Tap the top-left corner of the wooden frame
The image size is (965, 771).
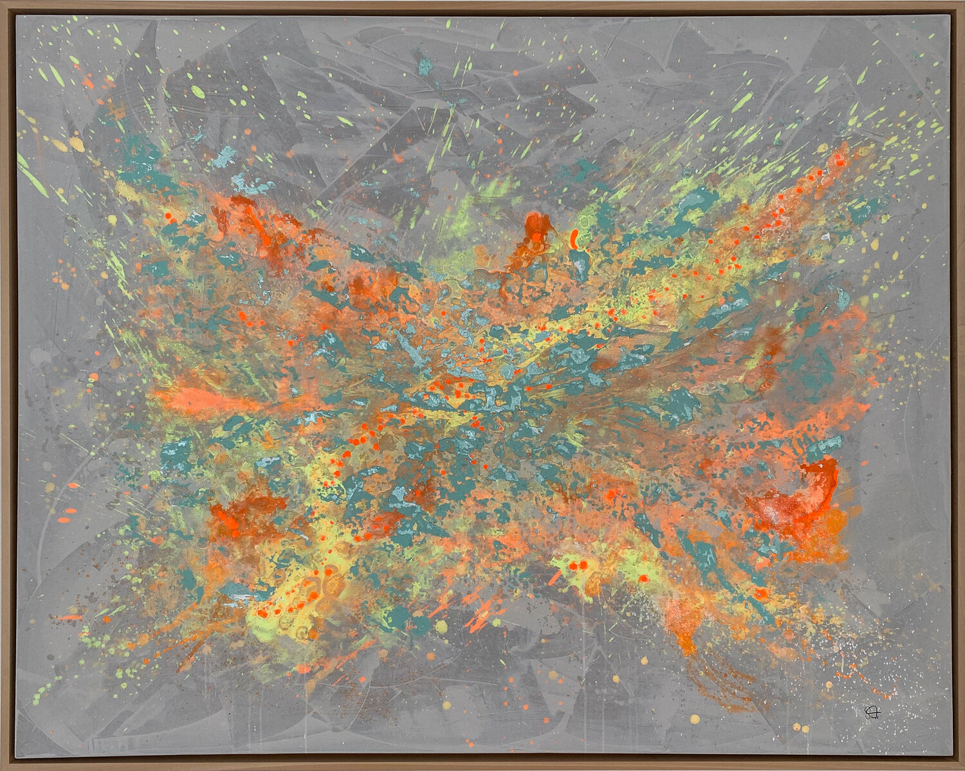3,3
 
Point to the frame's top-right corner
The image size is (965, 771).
962,3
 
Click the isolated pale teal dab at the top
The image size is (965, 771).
425,65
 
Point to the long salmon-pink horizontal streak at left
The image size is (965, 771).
206,400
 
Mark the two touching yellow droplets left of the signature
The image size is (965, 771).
801,727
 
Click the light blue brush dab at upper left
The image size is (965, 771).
225,154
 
